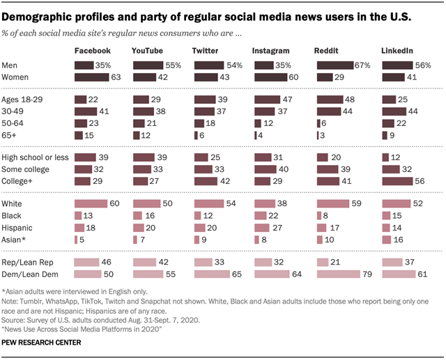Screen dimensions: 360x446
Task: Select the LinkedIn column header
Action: pyautogui.click(x=397, y=52)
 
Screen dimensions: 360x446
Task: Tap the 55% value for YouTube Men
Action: pyautogui.click(x=174, y=65)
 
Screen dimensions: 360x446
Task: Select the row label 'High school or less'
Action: pyautogui.click(x=35, y=157)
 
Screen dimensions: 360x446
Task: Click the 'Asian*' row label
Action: pyautogui.click(x=16, y=240)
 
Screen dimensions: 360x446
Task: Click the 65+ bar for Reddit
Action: pyautogui.click(x=318, y=136)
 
